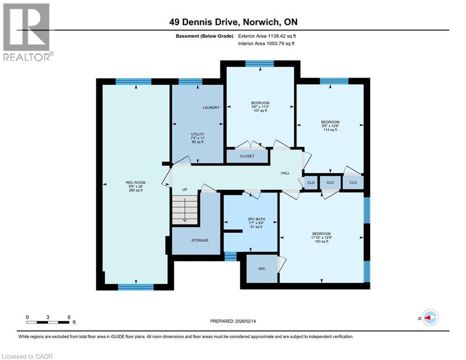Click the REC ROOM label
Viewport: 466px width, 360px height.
pyautogui.click(x=135, y=182)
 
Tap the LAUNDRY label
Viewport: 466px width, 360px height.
pyautogui.click(x=211, y=107)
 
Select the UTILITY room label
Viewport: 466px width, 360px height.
pyautogui.click(x=198, y=134)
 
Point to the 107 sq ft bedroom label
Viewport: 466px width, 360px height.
pyautogui.click(x=260, y=103)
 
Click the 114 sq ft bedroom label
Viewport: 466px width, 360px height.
pyautogui.click(x=330, y=122)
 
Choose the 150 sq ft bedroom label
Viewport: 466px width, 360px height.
pyautogui.click(x=322, y=233)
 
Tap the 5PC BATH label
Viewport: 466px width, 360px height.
pyautogui.click(x=257, y=219)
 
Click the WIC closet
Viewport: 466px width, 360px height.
pyautogui.click(x=262, y=269)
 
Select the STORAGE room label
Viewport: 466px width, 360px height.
pyautogui.click(x=200, y=240)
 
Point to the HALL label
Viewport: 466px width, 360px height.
pyautogui.click(x=285, y=173)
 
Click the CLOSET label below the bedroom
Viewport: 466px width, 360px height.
pyautogui.click(x=247, y=156)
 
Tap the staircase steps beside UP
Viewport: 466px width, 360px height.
pyautogui.click(x=185, y=210)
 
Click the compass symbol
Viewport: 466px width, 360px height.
pyautogui.click(x=430, y=318)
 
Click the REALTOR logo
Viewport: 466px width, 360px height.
pyautogui.click(x=28, y=32)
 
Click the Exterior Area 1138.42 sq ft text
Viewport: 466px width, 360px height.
pyautogui.click(x=267, y=36)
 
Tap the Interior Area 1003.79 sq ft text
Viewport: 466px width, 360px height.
pyautogui.click(x=266, y=44)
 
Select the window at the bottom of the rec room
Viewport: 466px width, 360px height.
pyautogui.click(x=136, y=287)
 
